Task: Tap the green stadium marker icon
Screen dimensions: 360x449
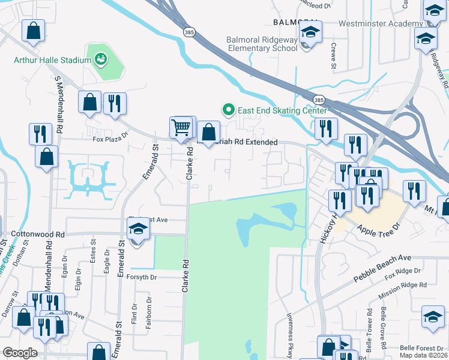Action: [100, 59]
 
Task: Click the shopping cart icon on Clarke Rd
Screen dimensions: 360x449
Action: [181, 127]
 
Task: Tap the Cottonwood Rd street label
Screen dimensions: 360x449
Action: [37, 234]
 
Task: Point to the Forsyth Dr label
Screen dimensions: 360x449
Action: [141, 277]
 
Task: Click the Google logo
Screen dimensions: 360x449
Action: [20, 353]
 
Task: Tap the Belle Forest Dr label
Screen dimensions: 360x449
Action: [423, 347]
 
